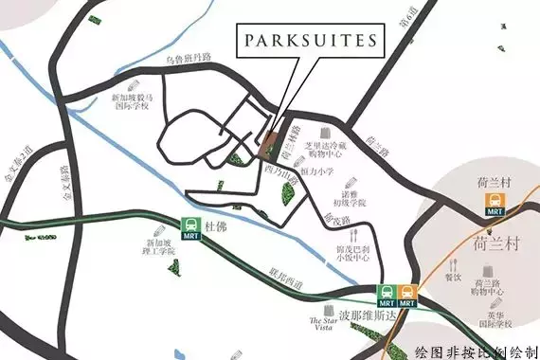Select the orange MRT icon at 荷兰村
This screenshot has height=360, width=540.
pos(495,204)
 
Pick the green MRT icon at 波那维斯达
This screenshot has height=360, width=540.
pos(387,294)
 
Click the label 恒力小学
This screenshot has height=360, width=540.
pos(319,172)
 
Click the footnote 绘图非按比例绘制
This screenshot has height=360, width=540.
pos(477,349)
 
